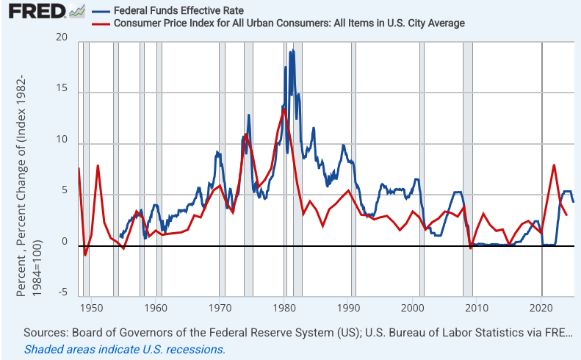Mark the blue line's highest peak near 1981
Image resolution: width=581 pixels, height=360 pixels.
tap(292, 51)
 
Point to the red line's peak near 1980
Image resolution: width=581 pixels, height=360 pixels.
tap(284, 109)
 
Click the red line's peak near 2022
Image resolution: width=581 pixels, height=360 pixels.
tap(554, 165)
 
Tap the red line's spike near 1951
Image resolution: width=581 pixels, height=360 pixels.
tap(98, 166)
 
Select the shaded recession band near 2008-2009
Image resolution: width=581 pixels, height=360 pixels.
tap(468, 169)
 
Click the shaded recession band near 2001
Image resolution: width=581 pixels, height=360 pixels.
tap(422, 169)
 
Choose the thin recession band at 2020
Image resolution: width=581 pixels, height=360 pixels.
tap(542, 169)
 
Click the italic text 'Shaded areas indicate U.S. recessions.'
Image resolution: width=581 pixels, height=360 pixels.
tap(125, 350)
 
